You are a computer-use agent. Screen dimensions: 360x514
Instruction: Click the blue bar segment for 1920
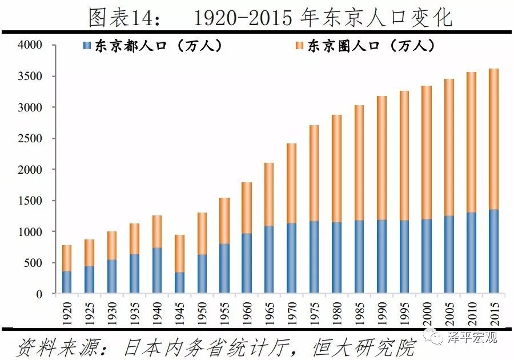pos(67,282)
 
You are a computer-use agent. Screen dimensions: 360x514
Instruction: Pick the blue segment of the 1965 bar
pos(269,259)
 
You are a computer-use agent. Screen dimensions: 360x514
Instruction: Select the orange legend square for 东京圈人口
pos(299,45)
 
